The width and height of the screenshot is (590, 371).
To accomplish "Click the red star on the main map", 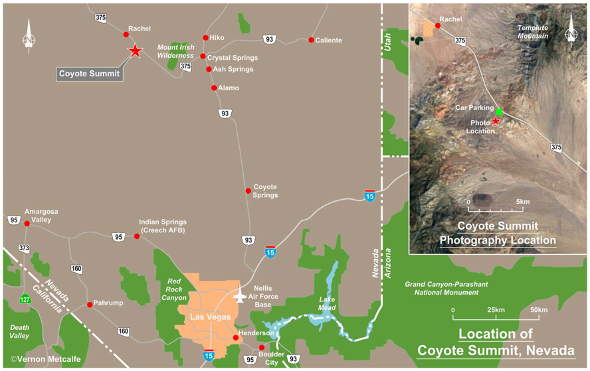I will (x=135, y=51).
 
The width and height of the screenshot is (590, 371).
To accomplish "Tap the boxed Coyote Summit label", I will (x=90, y=74).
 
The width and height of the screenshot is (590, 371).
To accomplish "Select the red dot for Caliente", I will (x=311, y=40).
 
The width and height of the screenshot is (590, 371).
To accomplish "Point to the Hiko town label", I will (x=217, y=38).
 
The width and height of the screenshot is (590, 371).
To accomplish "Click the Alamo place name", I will (x=229, y=88).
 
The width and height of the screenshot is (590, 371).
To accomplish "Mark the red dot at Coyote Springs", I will (x=248, y=191).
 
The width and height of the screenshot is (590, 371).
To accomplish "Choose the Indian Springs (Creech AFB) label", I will (x=163, y=226).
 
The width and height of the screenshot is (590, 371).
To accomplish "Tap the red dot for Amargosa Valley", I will (x=27, y=224).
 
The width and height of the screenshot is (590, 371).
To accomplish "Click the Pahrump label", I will (x=110, y=303).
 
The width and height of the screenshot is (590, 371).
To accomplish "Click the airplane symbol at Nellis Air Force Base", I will (x=240, y=295).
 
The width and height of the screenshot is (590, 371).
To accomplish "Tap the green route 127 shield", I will (x=25, y=298).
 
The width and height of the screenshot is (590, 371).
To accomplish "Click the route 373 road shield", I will (x=24, y=248).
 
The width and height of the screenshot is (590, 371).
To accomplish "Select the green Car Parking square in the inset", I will (x=499, y=111).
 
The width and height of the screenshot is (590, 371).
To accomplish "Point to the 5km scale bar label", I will (x=523, y=201).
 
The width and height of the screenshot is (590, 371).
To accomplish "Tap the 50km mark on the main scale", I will (x=539, y=310).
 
